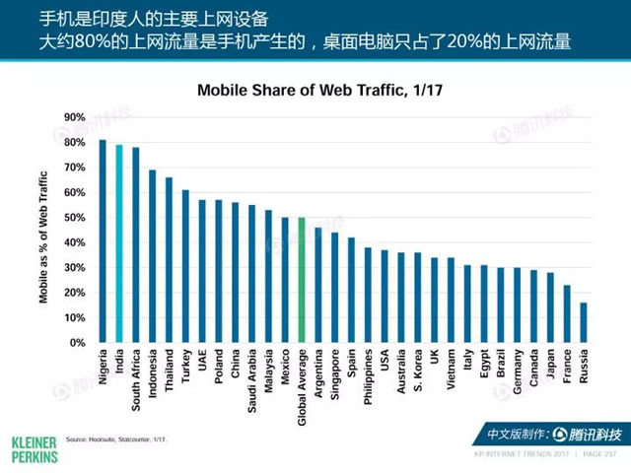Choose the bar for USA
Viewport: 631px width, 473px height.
click(x=385, y=297)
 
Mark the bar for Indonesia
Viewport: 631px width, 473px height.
click(x=152, y=256)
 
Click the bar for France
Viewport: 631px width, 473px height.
click(x=567, y=314)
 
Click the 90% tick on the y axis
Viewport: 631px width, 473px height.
click(x=76, y=117)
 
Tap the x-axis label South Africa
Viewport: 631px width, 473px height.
click(x=136, y=379)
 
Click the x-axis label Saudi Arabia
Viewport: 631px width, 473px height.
click(x=251, y=379)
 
